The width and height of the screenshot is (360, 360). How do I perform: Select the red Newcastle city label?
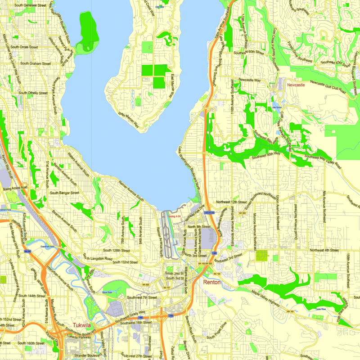(x=296, y=84)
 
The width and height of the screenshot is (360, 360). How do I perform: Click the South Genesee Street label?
(x=30, y=5)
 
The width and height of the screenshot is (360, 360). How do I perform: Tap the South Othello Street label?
(x=32, y=93)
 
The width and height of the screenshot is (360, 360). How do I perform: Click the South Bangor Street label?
(x=64, y=193)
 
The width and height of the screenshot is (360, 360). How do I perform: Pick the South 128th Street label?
(x=116, y=250)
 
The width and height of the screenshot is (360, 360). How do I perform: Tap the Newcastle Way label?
(x=250, y=80)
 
